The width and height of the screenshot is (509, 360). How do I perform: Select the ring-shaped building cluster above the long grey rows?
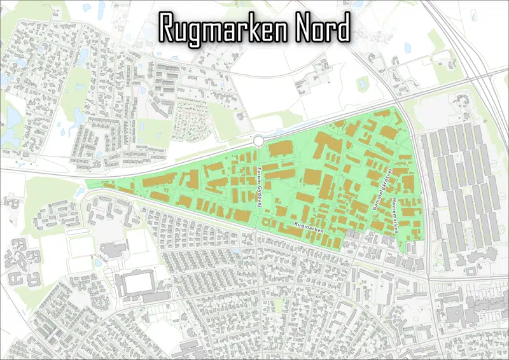pyautogui.click(x=457, y=102)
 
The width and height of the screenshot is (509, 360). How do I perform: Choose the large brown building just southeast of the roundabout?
pyautogui.click(x=281, y=151)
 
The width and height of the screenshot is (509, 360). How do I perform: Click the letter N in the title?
pyautogui.click(x=302, y=29)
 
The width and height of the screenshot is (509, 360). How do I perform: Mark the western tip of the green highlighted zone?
pyautogui.click(x=85, y=185)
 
